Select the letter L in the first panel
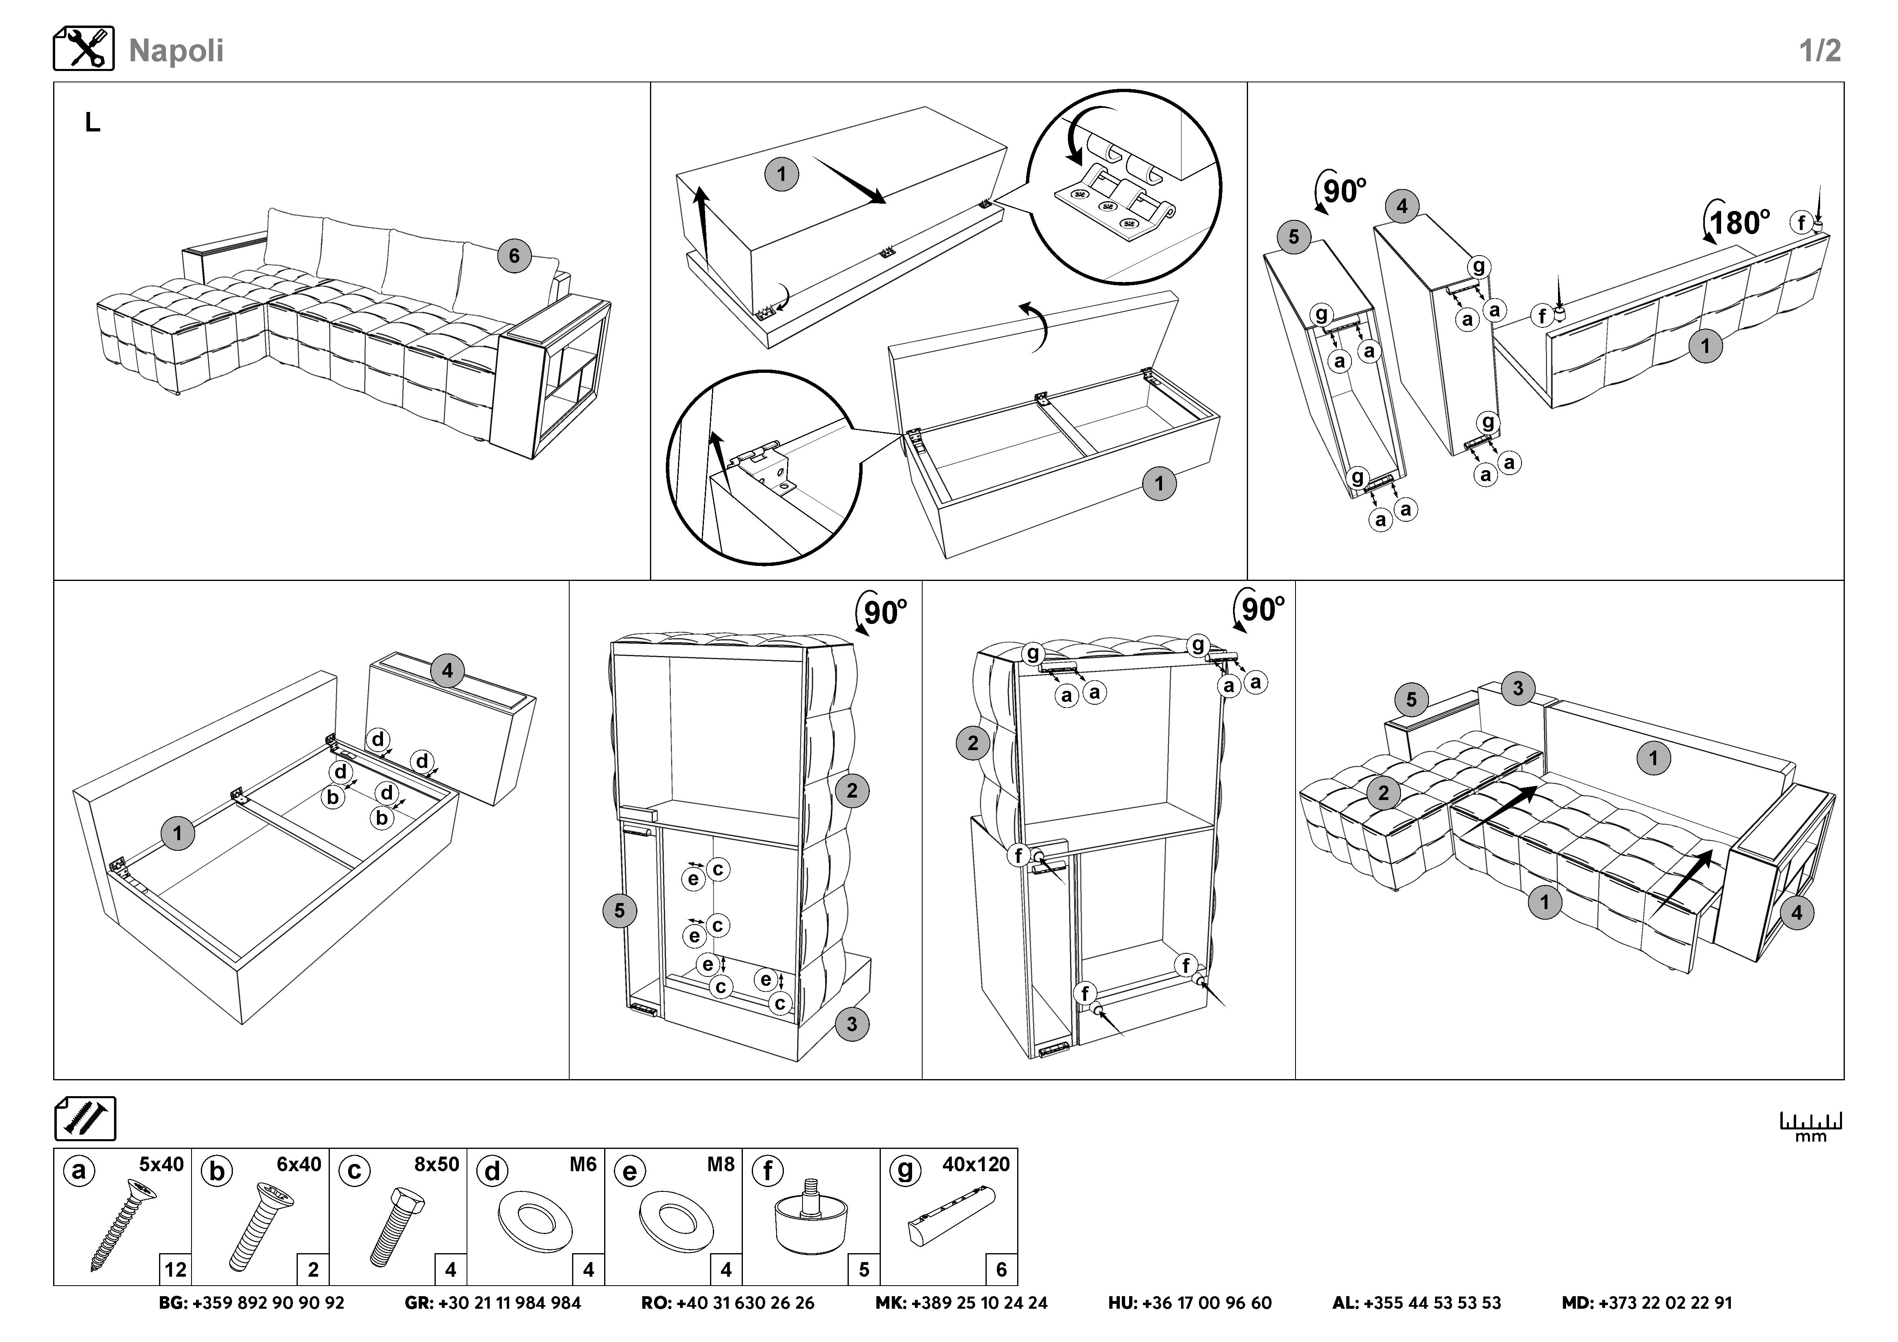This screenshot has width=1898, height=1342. pyautogui.click(x=93, y=123)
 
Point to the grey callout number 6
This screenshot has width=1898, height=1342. pyautogui.click(x=514, y=256)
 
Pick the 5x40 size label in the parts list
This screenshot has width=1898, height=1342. pyautogui.click(x=161, y=1164)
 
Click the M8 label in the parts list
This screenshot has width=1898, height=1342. pyautogui.click(x=720, y=1164)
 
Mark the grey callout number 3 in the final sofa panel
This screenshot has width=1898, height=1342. pyautogui.click(x=1518, y=688)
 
